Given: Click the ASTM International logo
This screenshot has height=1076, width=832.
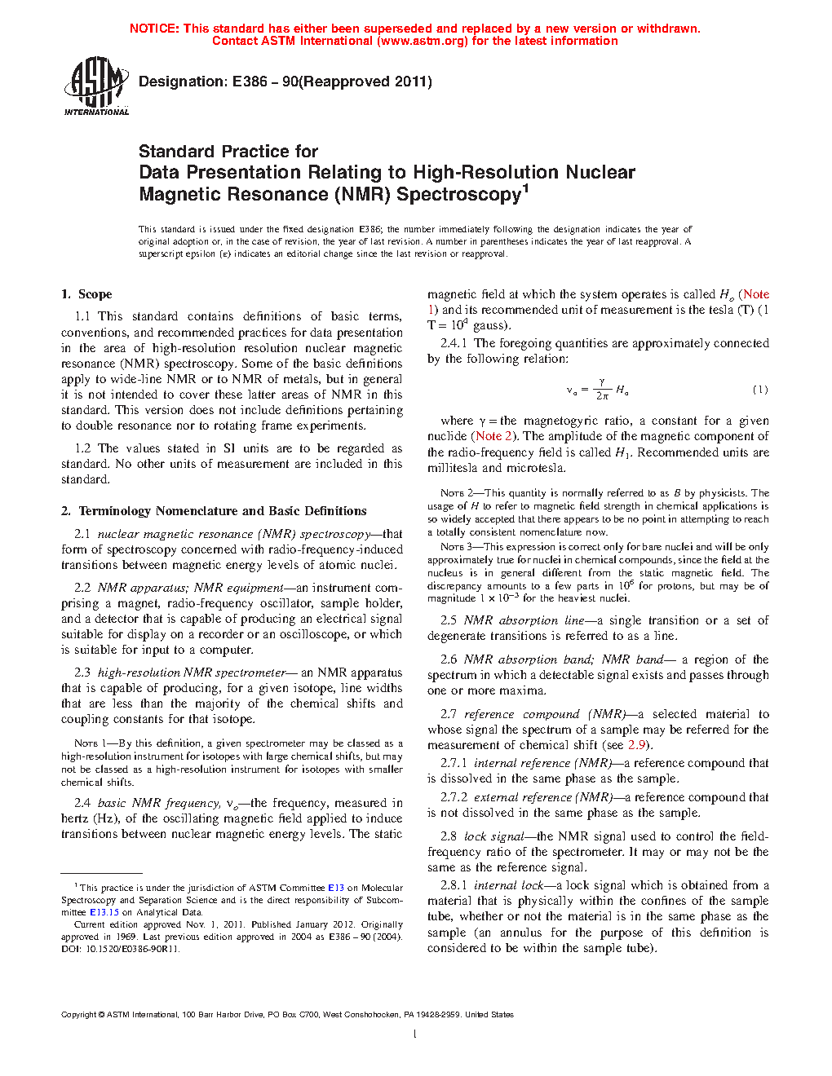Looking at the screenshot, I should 95,86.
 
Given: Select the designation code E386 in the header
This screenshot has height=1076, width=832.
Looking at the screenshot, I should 250,82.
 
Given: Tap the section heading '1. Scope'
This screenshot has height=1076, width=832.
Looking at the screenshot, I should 86,294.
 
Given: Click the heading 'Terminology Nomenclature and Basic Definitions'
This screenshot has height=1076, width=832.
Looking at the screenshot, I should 222,511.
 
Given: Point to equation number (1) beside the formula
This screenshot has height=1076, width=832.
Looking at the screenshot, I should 759,390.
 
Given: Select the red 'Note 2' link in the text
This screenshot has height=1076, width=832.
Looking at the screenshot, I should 494,436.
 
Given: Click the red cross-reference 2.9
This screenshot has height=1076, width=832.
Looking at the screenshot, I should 636,745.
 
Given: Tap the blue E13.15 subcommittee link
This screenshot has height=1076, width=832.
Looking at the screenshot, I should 104,912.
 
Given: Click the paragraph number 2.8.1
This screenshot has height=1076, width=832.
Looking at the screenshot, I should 454,885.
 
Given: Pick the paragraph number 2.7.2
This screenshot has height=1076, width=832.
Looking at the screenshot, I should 454,797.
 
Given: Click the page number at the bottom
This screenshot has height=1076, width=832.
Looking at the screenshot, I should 415,1034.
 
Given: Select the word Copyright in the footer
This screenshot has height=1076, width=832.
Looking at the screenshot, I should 78,1015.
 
